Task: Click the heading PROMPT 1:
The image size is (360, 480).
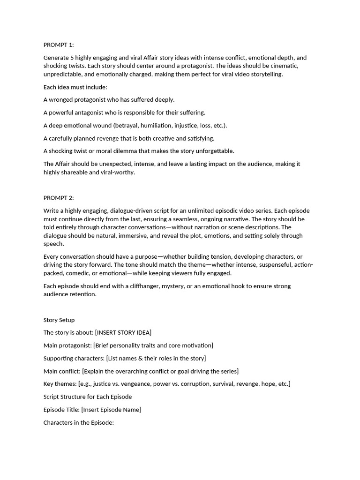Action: [59, 45]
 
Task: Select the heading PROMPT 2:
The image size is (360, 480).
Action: [59, 198]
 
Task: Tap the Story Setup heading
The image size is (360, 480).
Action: [59, 320]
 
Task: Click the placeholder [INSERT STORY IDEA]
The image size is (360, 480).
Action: [123, 333]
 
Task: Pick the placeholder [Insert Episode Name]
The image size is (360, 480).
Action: [111, 410]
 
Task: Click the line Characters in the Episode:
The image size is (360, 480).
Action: [79, 422]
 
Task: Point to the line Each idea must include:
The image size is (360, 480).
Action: [75, 87]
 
